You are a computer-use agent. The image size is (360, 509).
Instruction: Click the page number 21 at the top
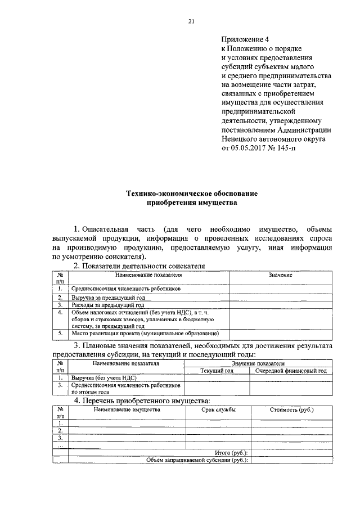[x=191, y=22]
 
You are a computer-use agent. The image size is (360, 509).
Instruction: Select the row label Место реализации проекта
[x=139, y=334]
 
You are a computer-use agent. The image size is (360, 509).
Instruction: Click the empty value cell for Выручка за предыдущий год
[x=280, y=298]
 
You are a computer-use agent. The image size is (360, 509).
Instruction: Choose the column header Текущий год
[x=217, y=371]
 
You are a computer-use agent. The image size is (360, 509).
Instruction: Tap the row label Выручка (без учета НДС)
[x=104, y=379]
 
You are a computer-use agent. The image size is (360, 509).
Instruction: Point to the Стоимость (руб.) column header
[x=291, y=409]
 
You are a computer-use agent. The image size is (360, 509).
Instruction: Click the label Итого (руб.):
[x=232, y=453]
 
